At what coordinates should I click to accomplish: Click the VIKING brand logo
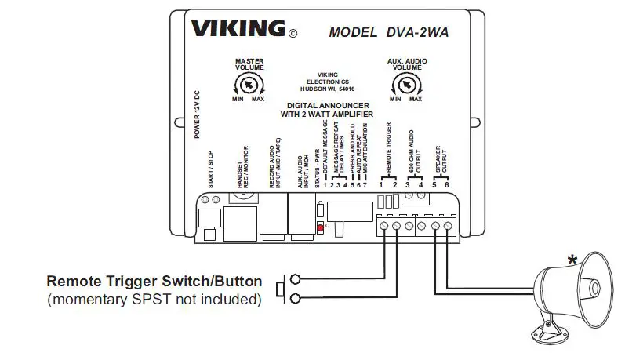click(238, 30)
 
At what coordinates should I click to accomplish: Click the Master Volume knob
click(248, 84)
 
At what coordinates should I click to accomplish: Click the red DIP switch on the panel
click(319, 227)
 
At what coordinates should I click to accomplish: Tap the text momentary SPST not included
click(154, 299)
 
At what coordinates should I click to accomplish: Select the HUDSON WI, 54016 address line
click(328, 89)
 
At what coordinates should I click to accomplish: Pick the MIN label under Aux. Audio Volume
click(394, 100)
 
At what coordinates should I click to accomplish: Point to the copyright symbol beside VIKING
click(293, 34)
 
